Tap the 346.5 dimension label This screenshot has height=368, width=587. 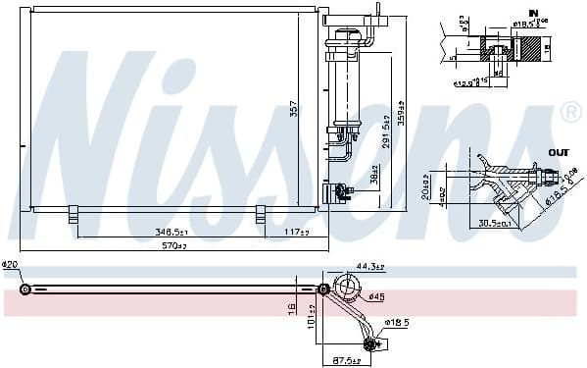(171, 232)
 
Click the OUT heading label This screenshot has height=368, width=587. (558, 152)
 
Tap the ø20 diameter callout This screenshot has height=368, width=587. (11, 264)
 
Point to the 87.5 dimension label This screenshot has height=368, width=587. (345, 361)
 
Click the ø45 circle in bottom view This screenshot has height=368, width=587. (347, 288)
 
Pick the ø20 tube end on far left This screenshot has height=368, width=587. (26, 289)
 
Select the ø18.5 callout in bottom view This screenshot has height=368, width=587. (396, 321)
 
